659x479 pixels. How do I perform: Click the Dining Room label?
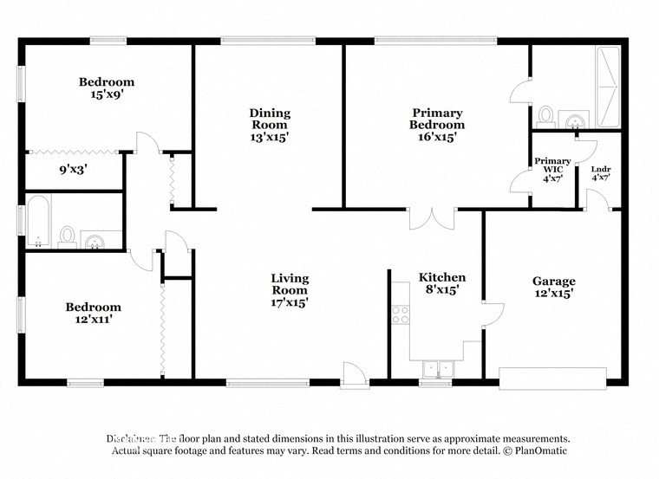click(x=270, y=125)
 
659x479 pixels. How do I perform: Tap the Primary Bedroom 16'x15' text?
click(x=437, y=125)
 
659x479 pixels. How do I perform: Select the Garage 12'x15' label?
click(x=553, y=287)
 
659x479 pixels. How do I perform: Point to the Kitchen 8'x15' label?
click(x=442, y=283)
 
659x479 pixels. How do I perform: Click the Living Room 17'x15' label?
click(x=290, y=290)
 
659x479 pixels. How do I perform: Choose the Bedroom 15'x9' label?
click(x=107, y=88)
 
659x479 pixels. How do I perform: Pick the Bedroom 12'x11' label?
click(x=94, y=313)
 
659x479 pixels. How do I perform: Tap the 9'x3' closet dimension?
click(x=74, y=171)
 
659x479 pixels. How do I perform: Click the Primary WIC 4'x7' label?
click(x=552, y=169)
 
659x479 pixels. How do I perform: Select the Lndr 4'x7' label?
click(x=600, y=172)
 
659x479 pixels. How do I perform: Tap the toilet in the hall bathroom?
click(x=67, y=235)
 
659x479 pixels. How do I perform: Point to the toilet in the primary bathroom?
click(x=545, y=115)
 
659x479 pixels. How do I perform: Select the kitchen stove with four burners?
click(x=400, y=315)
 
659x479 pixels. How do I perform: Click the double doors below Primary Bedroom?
click(x=431, y=218)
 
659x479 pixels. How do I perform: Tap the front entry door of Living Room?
click(x=354, y=375)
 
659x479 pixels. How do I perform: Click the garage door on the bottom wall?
click(x=552, y=379)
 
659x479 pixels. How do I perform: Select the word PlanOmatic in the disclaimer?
click(x=540, y=450)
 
